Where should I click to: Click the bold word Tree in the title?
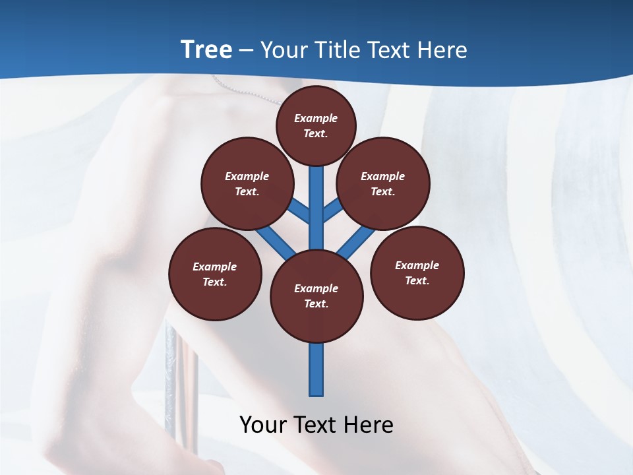[206, 50]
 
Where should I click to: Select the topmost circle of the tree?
[316, 125]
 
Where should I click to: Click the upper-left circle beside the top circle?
[247, 183]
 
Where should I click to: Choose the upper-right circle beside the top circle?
[383, 183]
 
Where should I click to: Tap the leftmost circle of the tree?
[215, 274]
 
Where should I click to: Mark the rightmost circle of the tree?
[417, 272]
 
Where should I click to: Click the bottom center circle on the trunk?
[316, 296]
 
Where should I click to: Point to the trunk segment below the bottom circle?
[316, 369]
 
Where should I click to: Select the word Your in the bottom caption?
[264, 425]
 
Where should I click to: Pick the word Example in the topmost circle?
[316, 118]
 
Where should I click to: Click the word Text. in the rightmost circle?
[417, 280]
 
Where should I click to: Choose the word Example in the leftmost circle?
[215, 267]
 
